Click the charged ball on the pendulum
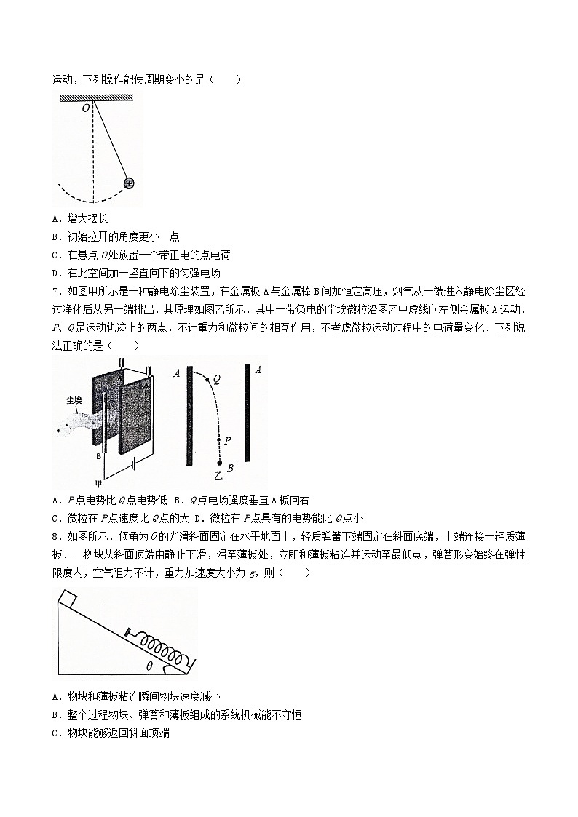128,183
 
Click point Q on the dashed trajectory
207,379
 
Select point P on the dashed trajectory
219,440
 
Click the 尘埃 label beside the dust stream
73,400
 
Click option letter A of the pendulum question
57,218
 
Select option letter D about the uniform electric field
57,273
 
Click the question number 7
56,291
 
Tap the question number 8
56,537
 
